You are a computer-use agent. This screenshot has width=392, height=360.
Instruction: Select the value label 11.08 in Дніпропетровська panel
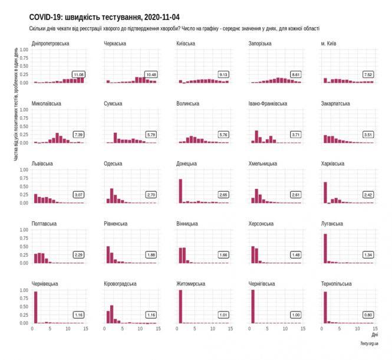pyautogui.click(x=78, y=74)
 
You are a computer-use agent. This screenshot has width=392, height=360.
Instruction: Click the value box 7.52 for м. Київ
pyautogui.click(x=368, y=74)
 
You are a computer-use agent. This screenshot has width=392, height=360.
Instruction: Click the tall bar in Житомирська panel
pyautogui.click(x=180, y=306)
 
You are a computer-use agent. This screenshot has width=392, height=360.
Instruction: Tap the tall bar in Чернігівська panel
pyautogui.click(x=253, y=306)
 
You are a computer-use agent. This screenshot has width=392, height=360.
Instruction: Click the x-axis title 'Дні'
pyautogui.click(x=374, y=334)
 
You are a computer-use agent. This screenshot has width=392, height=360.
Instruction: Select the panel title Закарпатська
pyautogui.click(x=335, y=103)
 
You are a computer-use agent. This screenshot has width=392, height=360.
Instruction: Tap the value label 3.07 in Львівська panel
pyautogui.click(x=78, y=195)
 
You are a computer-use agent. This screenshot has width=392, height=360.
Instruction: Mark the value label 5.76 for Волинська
pyautogui.click(x=223, y=135)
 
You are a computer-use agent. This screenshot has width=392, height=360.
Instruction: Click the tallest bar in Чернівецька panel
pyautogui.click(x=35, y=307)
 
